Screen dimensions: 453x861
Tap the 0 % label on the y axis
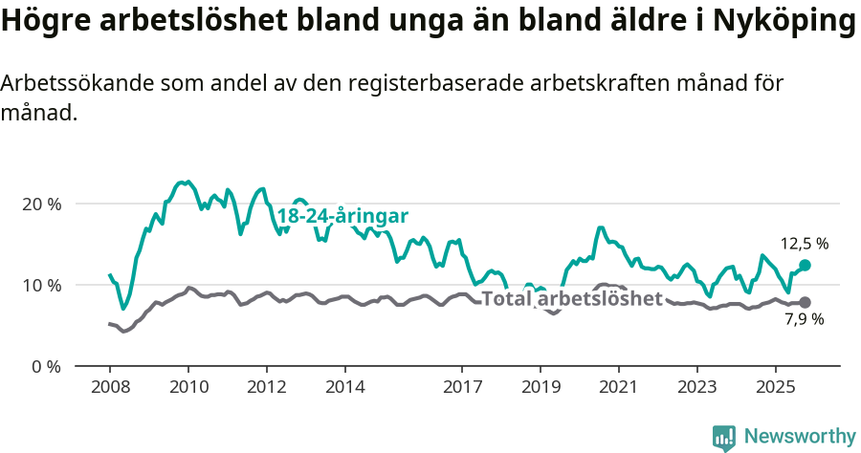point(46,366)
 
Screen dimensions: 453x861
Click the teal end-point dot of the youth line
point(805,265)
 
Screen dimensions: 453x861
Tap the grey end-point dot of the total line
point(805,302)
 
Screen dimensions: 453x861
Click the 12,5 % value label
point(805,244)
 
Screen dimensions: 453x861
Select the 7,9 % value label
point(805,320)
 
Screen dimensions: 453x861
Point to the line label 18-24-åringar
point(342,216)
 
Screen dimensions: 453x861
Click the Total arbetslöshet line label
point(572,298)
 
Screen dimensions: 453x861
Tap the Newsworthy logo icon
point(724,438)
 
